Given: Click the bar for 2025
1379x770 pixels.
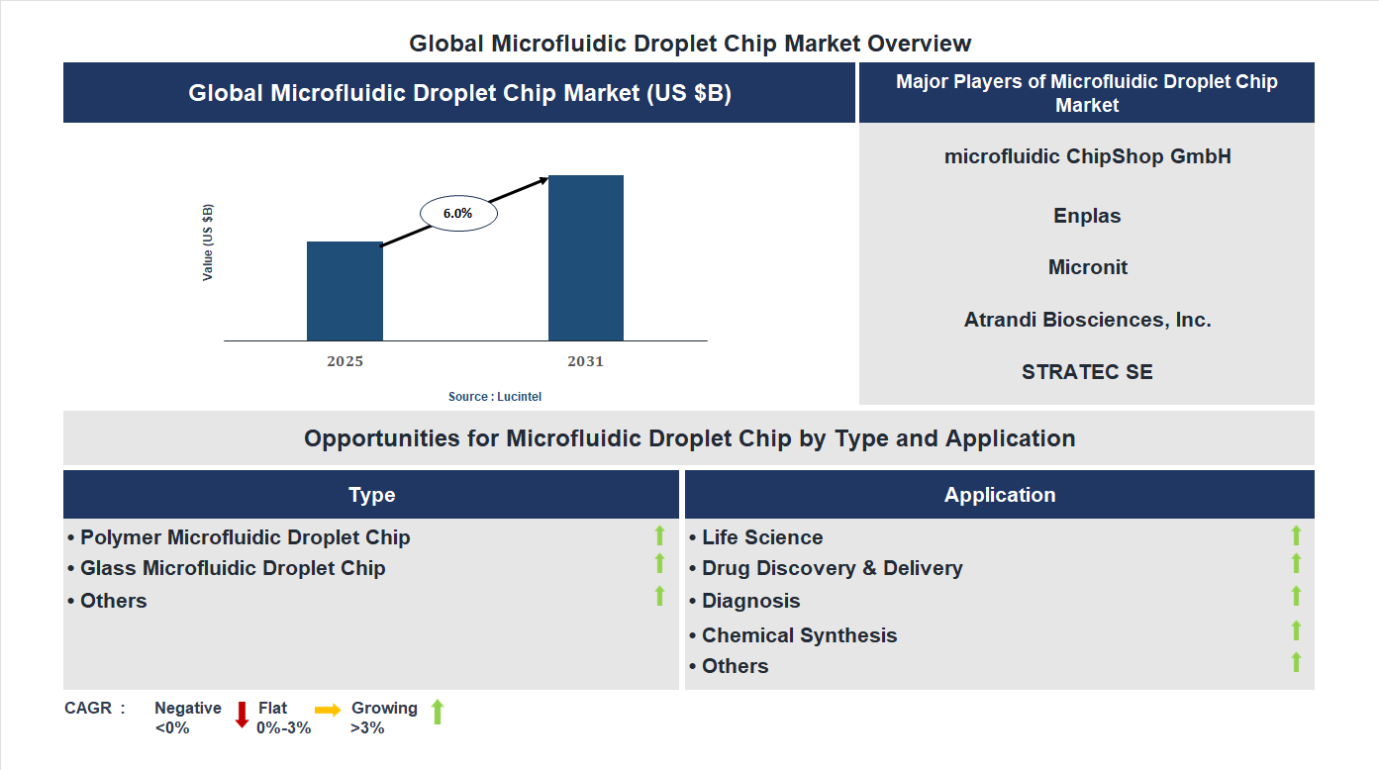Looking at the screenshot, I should pos(345,291).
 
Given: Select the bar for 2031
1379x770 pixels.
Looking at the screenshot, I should pos(586,258).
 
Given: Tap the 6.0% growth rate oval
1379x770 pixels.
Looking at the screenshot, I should pos(458,213).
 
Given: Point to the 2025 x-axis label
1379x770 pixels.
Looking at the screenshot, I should pos(345,361).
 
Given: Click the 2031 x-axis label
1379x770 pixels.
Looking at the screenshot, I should pos(585,361).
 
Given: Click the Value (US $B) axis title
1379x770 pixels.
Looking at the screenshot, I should pos(208,242).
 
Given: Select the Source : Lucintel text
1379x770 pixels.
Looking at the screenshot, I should pos(495,396).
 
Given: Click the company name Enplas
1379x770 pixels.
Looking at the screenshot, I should pos(1087,216).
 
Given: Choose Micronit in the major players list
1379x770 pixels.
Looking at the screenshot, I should pos(1087,267).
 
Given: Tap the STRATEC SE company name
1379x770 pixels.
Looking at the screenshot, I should pos(1087,372).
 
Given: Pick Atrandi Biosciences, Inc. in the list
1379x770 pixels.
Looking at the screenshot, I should pos(1087,320).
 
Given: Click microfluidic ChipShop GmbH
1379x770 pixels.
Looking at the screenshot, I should pos(1087,156).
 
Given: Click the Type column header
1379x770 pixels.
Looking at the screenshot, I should pos(371,495).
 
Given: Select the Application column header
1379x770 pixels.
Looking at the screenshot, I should pos(999,495).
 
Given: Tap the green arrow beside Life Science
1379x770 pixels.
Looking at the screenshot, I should pos(1296,535).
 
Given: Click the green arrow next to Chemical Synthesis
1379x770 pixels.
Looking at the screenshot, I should pos(1296,630).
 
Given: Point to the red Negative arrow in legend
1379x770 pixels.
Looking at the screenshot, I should pos(242,715).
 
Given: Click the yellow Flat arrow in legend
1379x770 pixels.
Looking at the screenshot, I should pos(328,710).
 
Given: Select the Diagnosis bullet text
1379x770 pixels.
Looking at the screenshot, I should pos(750,601).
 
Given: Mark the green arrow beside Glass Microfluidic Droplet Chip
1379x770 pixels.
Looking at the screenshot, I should pos(659,563).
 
